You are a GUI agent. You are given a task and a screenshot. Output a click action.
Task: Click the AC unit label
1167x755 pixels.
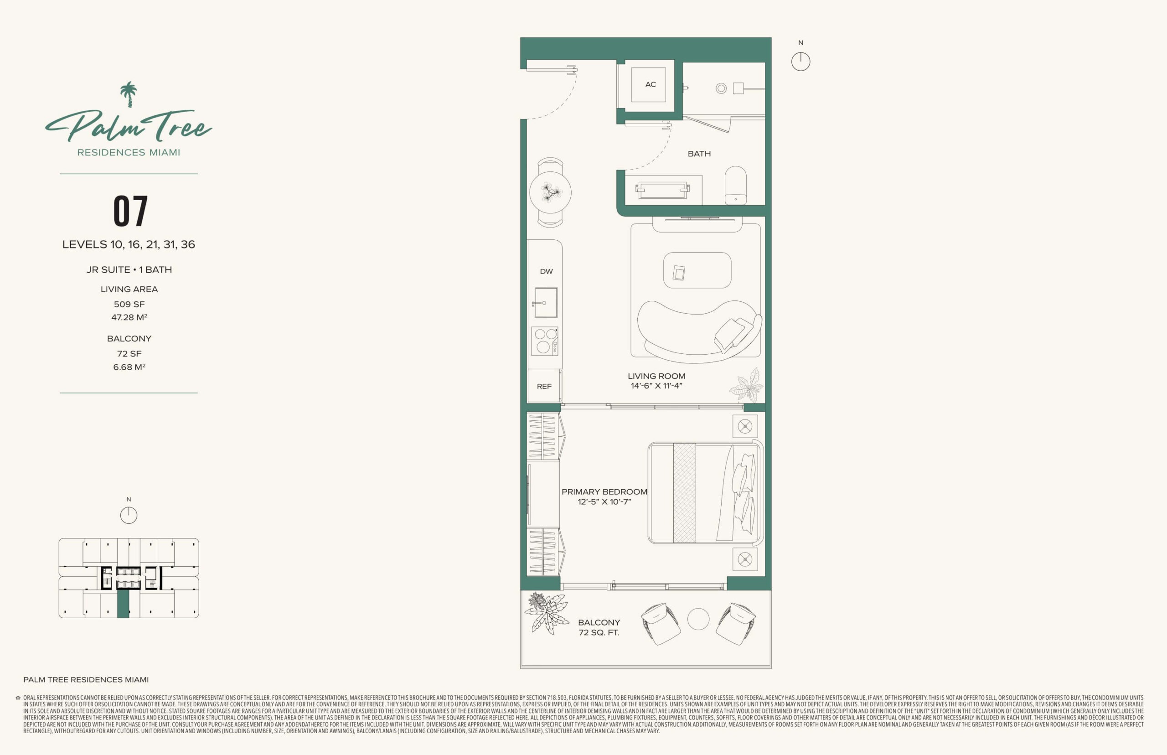pos(651,84)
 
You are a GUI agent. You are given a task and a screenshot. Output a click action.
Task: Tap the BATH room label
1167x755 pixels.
pos(699,154)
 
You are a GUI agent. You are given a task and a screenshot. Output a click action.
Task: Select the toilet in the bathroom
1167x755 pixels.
pos(735,185)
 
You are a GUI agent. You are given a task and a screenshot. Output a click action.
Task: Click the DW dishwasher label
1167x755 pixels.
pos(546,272)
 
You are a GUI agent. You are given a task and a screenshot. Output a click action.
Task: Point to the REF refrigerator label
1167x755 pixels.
pos(544,386)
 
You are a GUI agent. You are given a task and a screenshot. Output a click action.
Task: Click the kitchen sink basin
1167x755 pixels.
pos(546,302)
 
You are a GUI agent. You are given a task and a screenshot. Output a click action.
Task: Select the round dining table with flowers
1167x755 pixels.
pos(550,192)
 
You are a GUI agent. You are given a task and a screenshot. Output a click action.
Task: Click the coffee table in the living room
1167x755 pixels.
pos(697,270)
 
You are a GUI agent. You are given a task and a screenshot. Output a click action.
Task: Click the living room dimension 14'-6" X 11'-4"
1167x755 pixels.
pos(656,386)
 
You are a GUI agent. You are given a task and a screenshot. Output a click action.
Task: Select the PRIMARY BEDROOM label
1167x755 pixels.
pos(604,492)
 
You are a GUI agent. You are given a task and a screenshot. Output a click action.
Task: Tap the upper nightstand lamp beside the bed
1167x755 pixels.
pos(745,427)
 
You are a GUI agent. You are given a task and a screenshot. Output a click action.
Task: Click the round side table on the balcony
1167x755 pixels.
pos(698,619)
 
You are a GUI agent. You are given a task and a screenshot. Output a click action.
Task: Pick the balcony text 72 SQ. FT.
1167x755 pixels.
pos(599,633)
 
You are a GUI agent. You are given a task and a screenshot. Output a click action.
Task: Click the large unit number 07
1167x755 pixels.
pos(130,211)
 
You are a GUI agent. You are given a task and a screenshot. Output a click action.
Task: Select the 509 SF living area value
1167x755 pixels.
pos(129,305)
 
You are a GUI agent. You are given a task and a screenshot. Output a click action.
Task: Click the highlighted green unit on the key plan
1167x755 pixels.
pos(123,604)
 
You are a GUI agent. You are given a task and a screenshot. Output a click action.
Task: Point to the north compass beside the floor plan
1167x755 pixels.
pos(800,62)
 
